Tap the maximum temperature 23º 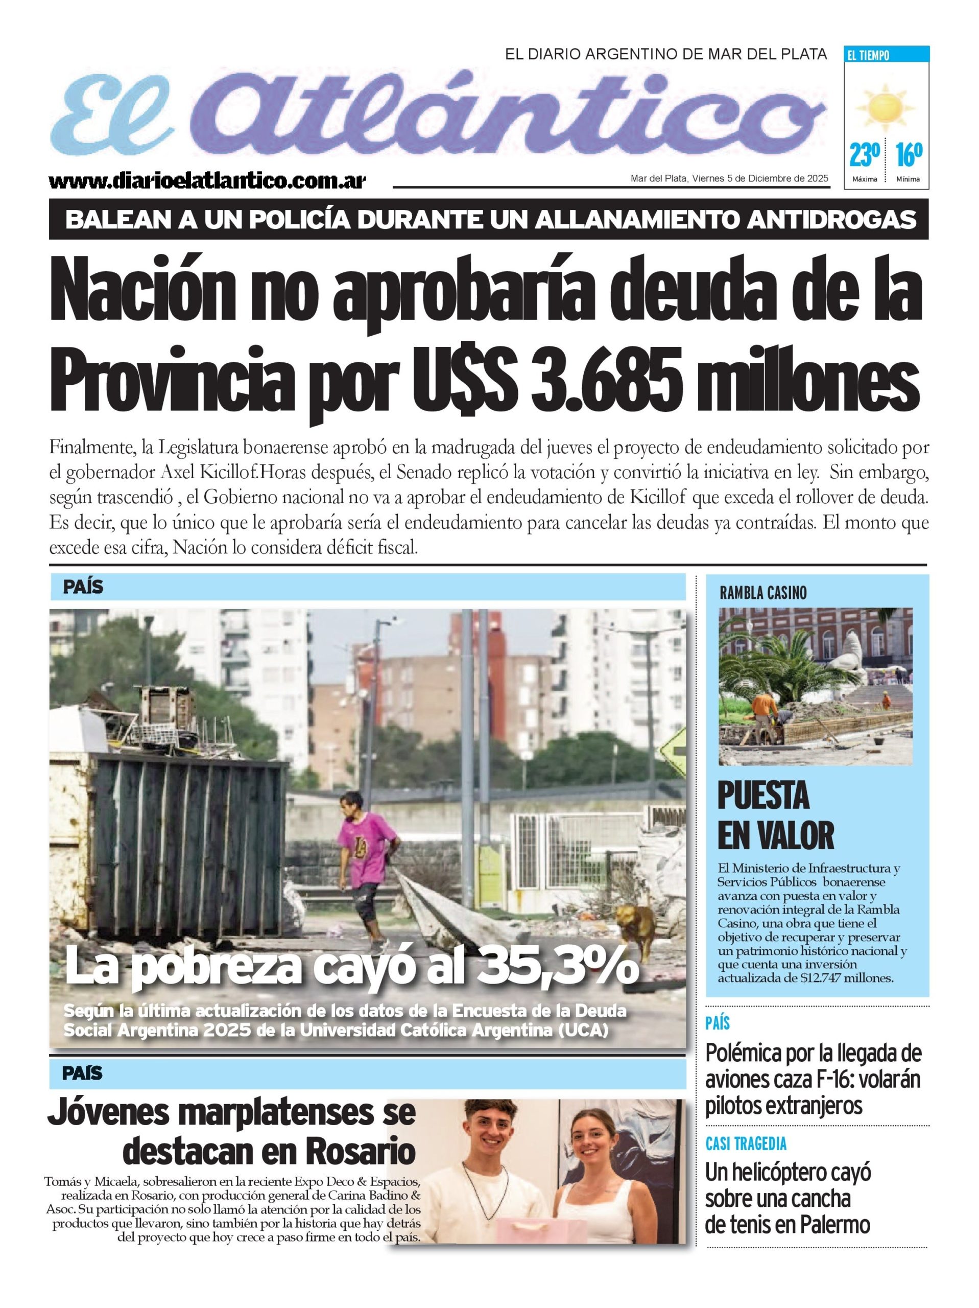864,155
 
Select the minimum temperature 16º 908,155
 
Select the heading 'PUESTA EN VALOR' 774,815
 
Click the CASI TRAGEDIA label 746,1143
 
